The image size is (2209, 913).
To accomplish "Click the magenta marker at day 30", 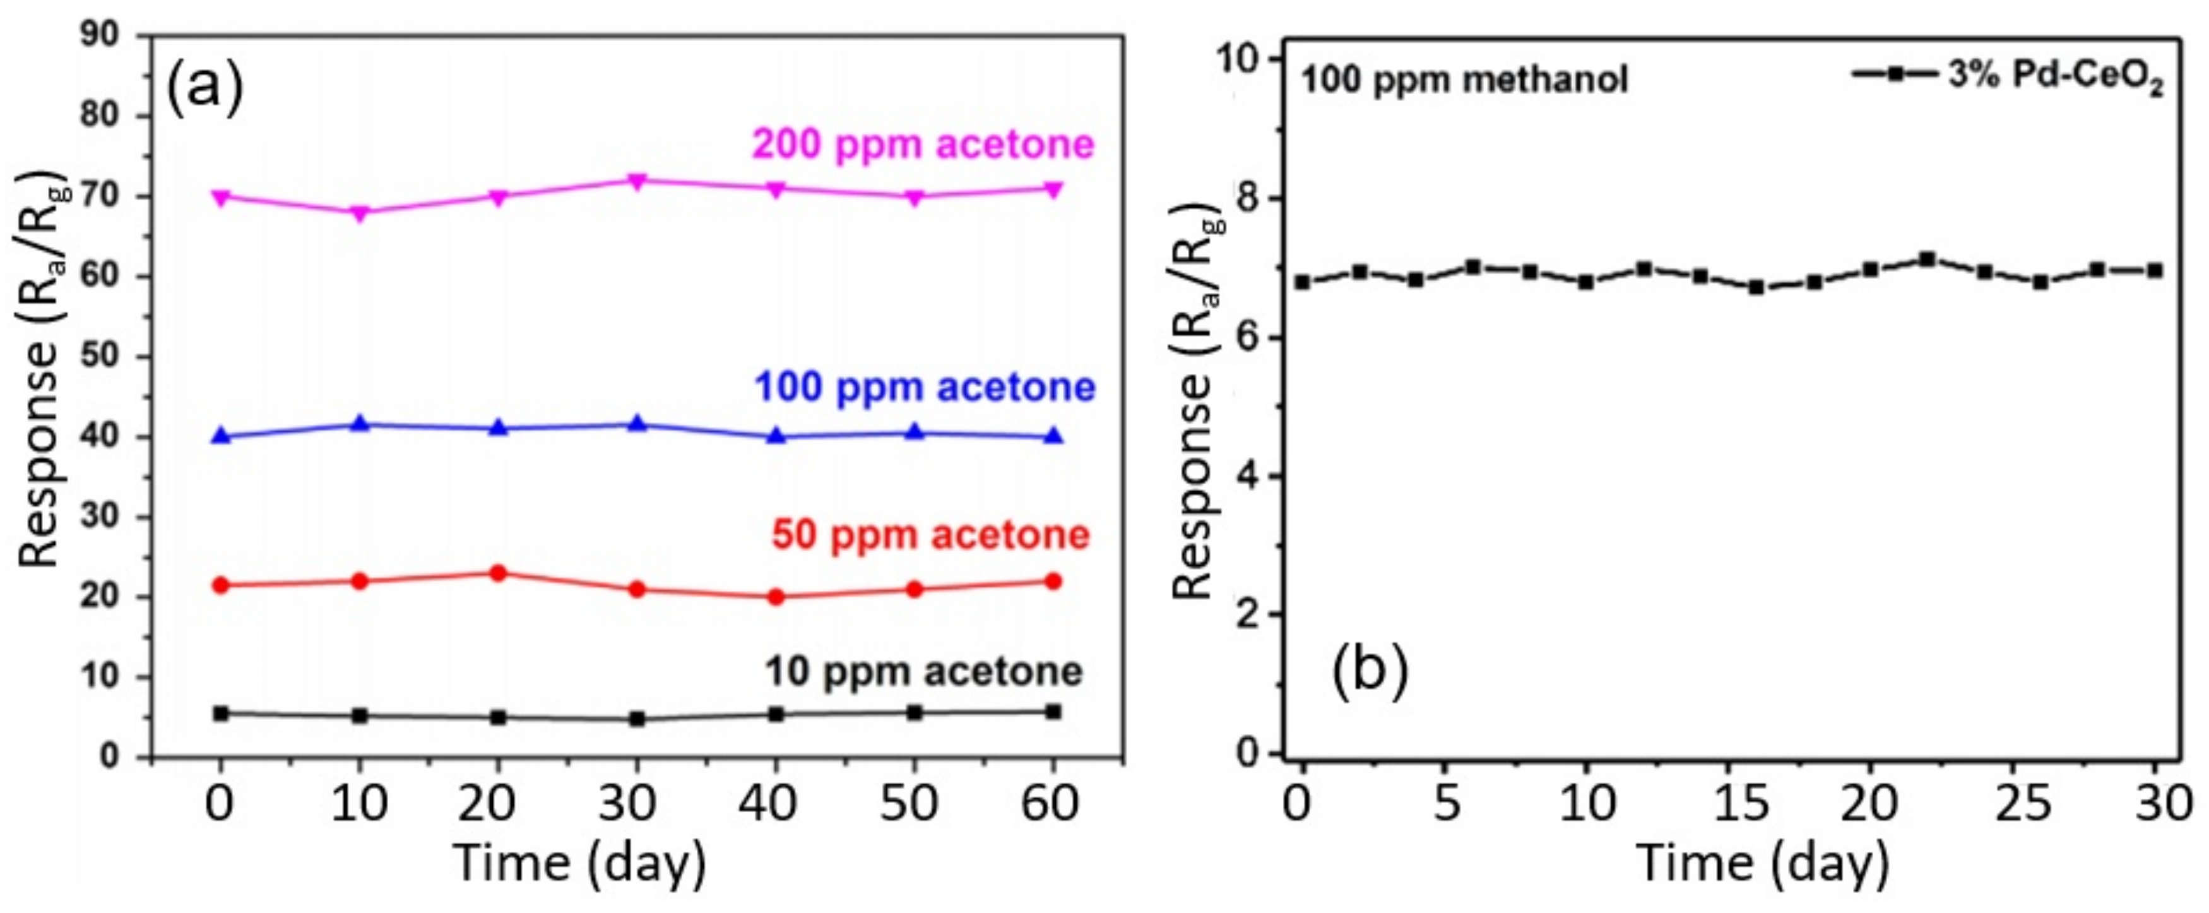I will [x=636, y=181].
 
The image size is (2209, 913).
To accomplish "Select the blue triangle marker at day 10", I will [x=360, y=424].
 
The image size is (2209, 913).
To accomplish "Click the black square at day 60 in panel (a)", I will [x=1053, y=712].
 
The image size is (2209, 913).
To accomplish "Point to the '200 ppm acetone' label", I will [x=923, y=144].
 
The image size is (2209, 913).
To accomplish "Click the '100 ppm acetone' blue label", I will [x=925, y=388].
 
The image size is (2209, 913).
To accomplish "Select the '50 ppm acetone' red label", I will [x=930, y=535].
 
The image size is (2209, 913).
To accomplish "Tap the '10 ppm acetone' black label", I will [x=923, y=672].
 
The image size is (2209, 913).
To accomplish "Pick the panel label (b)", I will [x=1370, y=670].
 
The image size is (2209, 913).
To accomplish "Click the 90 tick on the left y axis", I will [x=101, y=36].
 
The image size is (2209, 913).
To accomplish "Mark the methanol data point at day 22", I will [x=1927, y=259].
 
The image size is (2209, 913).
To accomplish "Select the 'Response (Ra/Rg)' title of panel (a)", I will [x=38, y=369].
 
